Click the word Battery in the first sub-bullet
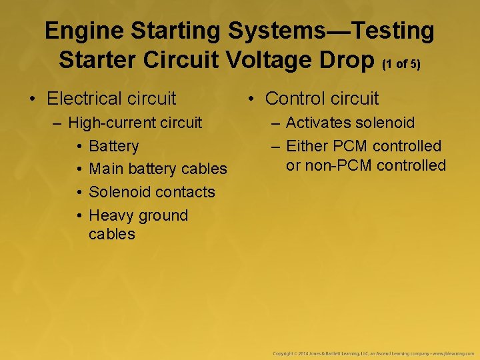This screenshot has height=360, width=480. pos(113,146)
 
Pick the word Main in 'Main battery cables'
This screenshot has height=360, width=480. pos(106,169)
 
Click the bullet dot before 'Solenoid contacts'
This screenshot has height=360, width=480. pos(79,193)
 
